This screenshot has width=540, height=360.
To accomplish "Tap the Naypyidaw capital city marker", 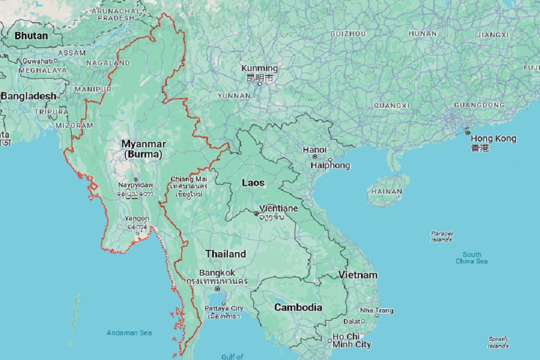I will click(x=136, y=179).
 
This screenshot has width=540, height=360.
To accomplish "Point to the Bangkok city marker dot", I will click(x=217, y=289).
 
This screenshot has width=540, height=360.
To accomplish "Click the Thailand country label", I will click(x=225, y=254).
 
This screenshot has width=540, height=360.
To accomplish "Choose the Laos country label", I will click(x=253, y=182).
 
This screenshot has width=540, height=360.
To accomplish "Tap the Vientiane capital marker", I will click(x=256, y=213).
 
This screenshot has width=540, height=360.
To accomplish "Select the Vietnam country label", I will click(x=357, y=275).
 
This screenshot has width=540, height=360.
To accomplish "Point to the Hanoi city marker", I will click(x=314, y=157).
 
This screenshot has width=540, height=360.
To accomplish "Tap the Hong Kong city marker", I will click(x=468, y=132).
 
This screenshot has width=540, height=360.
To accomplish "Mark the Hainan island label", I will click(x=387, y=191).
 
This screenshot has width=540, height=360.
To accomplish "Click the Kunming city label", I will click(x=259, y=69).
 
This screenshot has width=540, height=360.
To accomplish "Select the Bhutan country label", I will click(x=31, y=36).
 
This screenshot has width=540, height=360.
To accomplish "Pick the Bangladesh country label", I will click(x=28, y=96).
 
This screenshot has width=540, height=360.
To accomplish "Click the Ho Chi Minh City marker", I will click(x=329, y=340).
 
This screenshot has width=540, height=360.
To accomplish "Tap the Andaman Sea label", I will click(x=129, y=332).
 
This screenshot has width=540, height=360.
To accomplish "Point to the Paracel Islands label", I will click(x=441, y=236).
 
